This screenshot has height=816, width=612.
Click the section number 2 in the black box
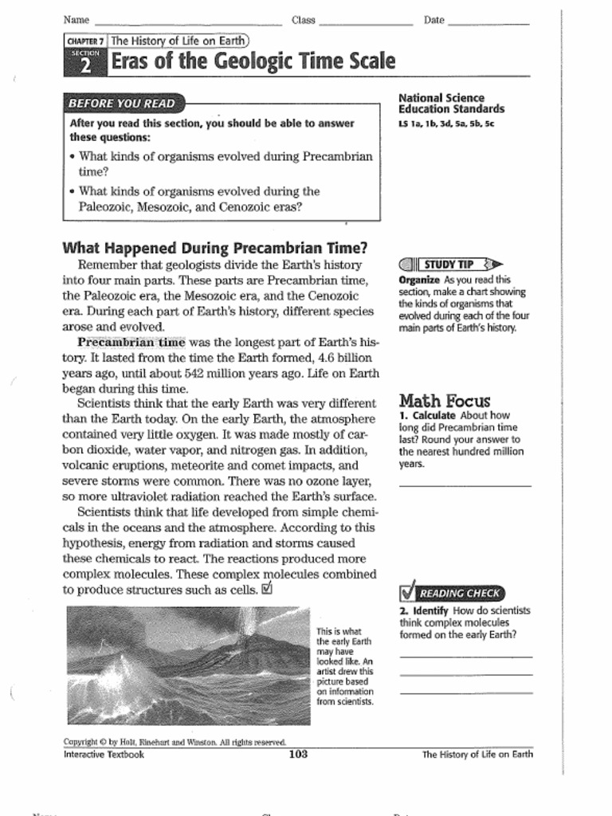84,66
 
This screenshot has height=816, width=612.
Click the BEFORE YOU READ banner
122,104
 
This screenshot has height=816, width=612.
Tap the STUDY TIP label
449,265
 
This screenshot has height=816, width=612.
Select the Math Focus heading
445,401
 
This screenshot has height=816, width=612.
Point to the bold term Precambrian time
131,342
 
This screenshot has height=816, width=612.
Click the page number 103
298,754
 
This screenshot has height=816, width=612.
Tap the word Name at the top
76,20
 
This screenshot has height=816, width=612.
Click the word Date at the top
434,20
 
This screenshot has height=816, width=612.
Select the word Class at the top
303,20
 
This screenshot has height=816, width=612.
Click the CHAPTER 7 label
85,41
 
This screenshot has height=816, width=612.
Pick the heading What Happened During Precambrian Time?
215,248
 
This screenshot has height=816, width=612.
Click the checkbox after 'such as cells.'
267,590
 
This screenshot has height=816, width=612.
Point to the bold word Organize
419,280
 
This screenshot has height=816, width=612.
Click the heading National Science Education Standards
451,104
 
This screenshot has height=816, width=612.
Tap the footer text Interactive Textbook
104,755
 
